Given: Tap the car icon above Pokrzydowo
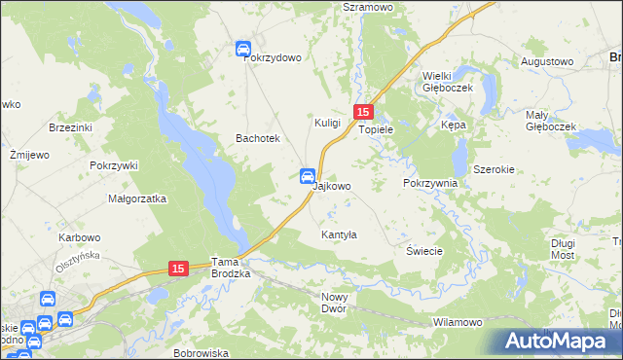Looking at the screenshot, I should (x=243, y=48).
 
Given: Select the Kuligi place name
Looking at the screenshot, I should (x=327, y=123).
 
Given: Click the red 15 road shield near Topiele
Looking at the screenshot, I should (x=363, y=113).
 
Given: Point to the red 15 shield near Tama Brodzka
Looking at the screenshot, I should (x=177, y=268).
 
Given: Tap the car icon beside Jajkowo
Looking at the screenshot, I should (x=306, y=176).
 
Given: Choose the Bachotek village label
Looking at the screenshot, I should (x=258, y=139).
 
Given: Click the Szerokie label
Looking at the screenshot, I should (x=494, y=168).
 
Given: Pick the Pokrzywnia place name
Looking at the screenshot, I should (x=429, y=183).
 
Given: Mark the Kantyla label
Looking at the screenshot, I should (x=340, y=235).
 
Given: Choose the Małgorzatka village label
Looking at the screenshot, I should (x=137, y=198).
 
